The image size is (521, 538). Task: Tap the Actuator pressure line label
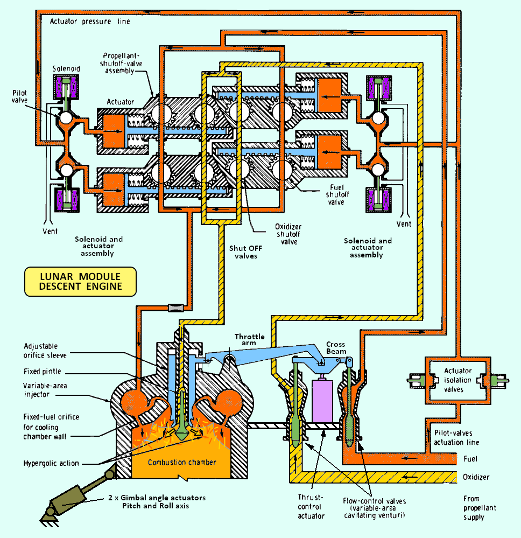[90, 22]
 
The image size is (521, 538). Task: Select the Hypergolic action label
[51, 463]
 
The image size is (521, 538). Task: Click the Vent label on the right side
[403, 224]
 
